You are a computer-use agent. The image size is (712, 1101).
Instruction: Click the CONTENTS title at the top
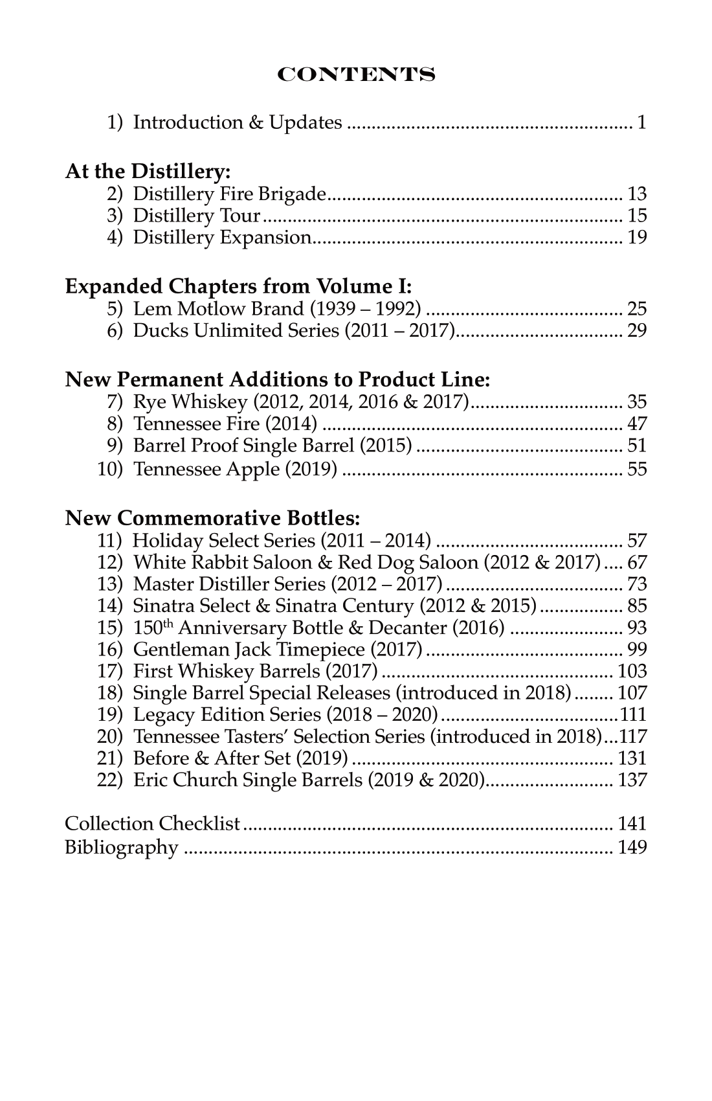pyautogui.click(x=356, y=74)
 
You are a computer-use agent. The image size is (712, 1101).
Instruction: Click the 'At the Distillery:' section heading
pyautogui.click(x=148, y=172)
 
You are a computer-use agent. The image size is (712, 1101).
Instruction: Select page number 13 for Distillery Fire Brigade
pyautogui.click(x=636, y=194)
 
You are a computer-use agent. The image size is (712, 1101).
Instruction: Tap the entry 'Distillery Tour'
pyautogui.click(x=196, y=216)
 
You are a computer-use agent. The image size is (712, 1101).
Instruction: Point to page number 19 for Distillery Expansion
pyautogui.click(x=636, y=238)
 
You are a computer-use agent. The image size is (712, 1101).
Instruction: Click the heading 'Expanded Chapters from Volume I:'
pyautogui.click(x=238, y=286)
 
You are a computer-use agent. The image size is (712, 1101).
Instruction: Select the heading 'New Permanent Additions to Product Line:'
pyautogui.click(x=277, y=380)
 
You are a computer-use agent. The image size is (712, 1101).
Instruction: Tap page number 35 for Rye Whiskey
pyautogui.click(x=636, y=402)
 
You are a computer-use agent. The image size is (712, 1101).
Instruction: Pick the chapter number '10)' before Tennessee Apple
pyautogui.click(x=109, y=469)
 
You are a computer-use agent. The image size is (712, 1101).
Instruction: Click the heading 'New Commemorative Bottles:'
pyautogui.click(x=212, y=518)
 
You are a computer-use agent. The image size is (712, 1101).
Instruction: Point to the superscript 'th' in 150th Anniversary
pyautogui.click(x=169, y=623)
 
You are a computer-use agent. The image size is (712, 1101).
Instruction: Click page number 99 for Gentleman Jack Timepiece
pyautogui.click(x=636, y=649)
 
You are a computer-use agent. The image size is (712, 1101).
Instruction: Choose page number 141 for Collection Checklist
pyautogui.click(x=632, y=824)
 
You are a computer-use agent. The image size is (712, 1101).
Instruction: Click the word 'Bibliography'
pyautogui.click(x=121, y=847)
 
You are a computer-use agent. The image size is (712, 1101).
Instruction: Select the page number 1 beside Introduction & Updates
pyautogui.click(x=641, y=122)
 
